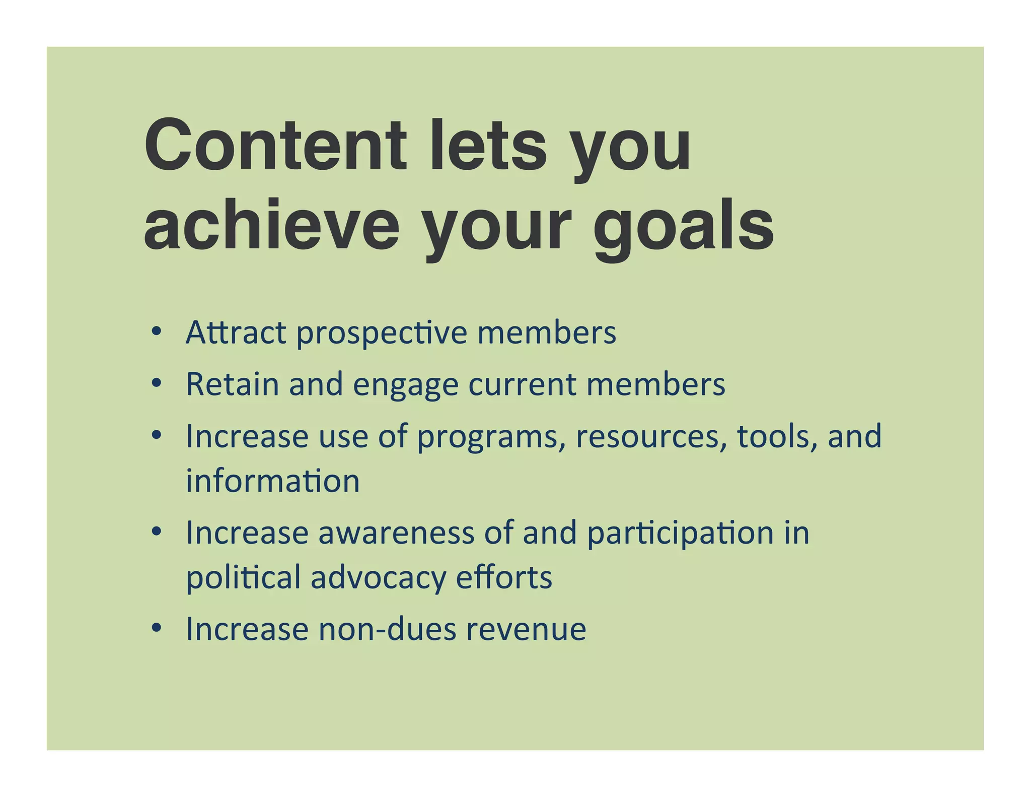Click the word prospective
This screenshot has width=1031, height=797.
point(382,334)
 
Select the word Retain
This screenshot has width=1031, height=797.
point(232,384)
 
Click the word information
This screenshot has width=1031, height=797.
point(273,481)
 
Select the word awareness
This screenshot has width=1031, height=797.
point(396,533)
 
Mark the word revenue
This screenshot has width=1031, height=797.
point(526,630)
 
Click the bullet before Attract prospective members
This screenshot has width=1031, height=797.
point(157,331)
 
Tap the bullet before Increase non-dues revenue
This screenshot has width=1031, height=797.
point(157,628)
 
